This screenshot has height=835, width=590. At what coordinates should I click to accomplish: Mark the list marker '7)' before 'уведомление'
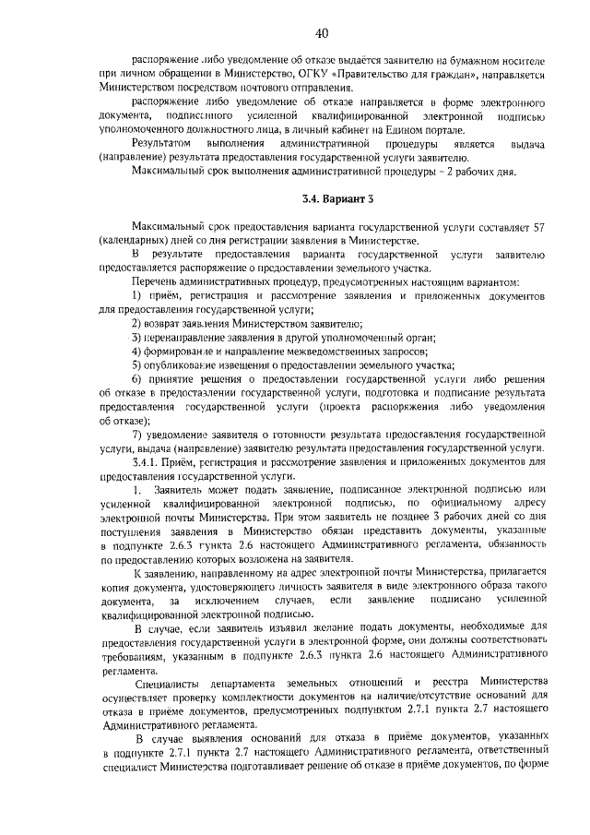[136, 433]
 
